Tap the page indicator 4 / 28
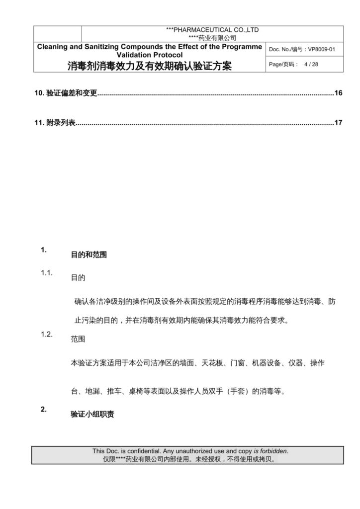tap(311, 64)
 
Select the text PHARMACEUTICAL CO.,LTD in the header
tap(215, 30)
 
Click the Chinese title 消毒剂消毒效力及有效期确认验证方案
tap(150, 66)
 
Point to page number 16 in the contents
tap(338, 93)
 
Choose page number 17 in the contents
tap(338, 122)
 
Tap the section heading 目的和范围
tap(89, 255)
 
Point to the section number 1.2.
tap(47, 334)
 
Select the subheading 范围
tap(78, 340)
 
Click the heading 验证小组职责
tap(92, 414)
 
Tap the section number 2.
tap(44, 410)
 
